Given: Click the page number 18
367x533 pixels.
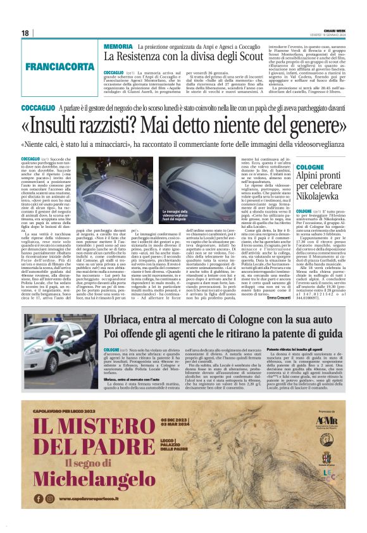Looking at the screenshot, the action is coord(26,33).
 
